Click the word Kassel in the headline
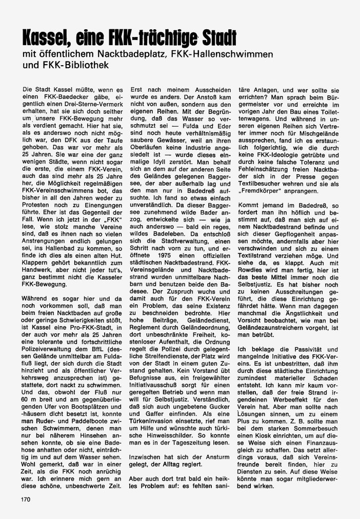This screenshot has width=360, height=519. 49,37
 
